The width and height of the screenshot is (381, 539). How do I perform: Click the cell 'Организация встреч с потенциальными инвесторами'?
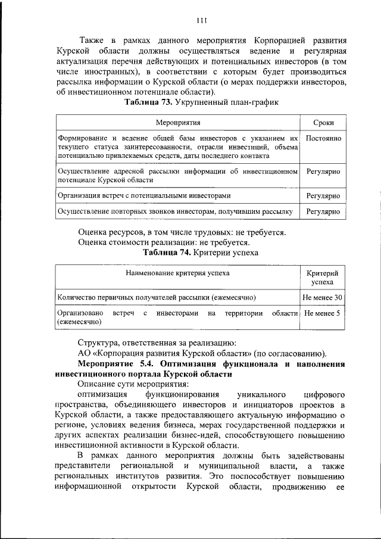click(143, 195)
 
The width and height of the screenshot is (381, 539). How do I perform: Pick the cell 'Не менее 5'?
click(321, 313)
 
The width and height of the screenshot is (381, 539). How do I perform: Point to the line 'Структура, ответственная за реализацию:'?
click(157, 342)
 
